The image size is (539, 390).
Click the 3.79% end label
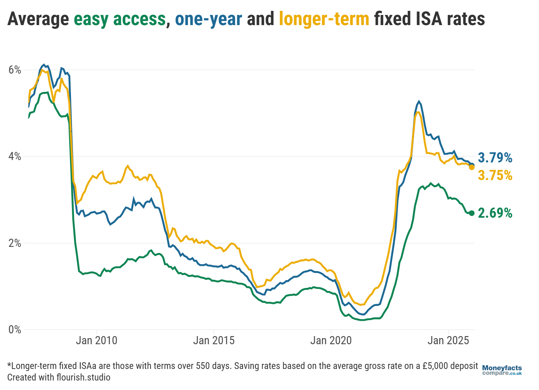point(495,158)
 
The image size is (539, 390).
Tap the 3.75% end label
point(495,175)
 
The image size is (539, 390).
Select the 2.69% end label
point(495,213)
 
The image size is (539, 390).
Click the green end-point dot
point(471,213)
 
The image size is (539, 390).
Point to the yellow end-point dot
point(471,167)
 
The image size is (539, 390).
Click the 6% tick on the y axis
point(15,70)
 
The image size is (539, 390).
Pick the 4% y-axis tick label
point(15,156)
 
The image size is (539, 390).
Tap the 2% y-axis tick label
point(15,243)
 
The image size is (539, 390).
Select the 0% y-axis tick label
point(15,330)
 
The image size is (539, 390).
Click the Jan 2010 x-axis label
point(96,340)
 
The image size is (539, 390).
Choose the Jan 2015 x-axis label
point(214,340)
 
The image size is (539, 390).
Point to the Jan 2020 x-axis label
point(331,340)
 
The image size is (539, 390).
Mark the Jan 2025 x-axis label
point(448,340)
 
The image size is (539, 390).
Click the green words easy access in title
point(120,19)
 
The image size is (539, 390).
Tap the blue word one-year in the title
point(208,19)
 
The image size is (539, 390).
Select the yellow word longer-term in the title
point(324,19)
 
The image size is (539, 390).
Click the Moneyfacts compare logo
point(502,370)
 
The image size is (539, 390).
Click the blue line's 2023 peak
point(419,101)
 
